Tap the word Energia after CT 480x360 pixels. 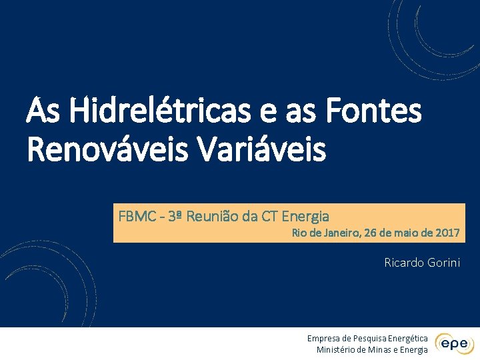(306, 216)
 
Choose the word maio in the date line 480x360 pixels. (407, 233)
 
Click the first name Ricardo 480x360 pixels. (404, 262)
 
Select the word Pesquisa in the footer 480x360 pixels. (366, 339)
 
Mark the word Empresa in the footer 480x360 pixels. (323, 339)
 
